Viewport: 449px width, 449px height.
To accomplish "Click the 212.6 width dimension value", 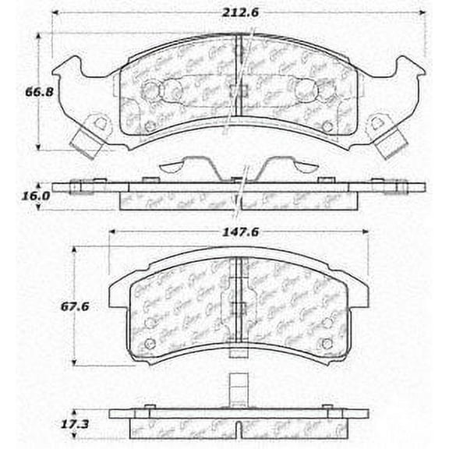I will click(242, 10).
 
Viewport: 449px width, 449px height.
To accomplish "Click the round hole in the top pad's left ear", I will click(97, 122).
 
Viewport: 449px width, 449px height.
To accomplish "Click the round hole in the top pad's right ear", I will click(378, 122).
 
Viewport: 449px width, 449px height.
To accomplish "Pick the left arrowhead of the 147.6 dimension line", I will click(111, 232).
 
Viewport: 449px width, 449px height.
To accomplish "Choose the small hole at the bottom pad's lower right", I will click(327, 343).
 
